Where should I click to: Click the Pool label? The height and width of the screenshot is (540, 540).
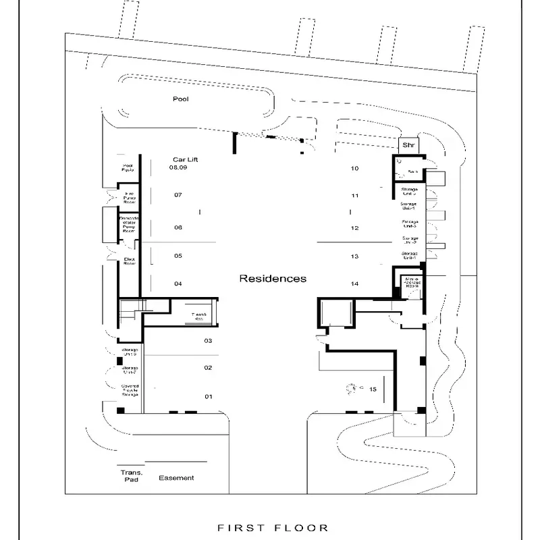pyautogui.click(x=180, y=99)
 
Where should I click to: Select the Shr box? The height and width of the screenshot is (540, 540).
pyautogui.click(x=408, y=145)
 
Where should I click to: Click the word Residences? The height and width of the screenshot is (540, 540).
pyautogui.click(x=273, y=278)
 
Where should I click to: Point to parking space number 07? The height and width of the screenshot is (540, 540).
pyautogui.click(x=178, y=195)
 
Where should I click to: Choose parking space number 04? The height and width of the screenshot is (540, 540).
pyautogui.click(x=178, y=283)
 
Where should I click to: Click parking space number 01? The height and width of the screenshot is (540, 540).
pyautogui.click(x=209, y=396)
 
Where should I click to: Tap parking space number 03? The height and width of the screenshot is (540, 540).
pyautogui.click(x=209, y=341)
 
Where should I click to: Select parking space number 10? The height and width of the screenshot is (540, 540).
pyautogui.click(x=354, y=168)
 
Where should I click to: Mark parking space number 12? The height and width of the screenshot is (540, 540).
pyautogui.click(x=354, y=228)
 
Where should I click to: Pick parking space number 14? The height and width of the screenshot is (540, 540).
pyautogui.click(x=354, y=283)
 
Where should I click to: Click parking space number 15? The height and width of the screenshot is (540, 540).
pyautogui.click(x=373, y=389)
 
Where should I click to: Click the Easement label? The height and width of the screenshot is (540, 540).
pyautogui.click(x=177, y=478)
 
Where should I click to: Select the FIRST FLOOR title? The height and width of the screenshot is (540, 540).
pyautogui.click(x=273, y=528)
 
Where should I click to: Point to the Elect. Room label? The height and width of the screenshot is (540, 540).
pyautogui.click(x=130, y=261)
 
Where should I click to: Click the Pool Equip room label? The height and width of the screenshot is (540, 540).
pyautogui.click(x=128, y=168)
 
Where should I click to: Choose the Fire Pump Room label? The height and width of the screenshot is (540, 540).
pyautogui.click(x=130, y=198)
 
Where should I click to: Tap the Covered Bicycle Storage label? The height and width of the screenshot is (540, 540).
pyautogui.click(x=130, y=389)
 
